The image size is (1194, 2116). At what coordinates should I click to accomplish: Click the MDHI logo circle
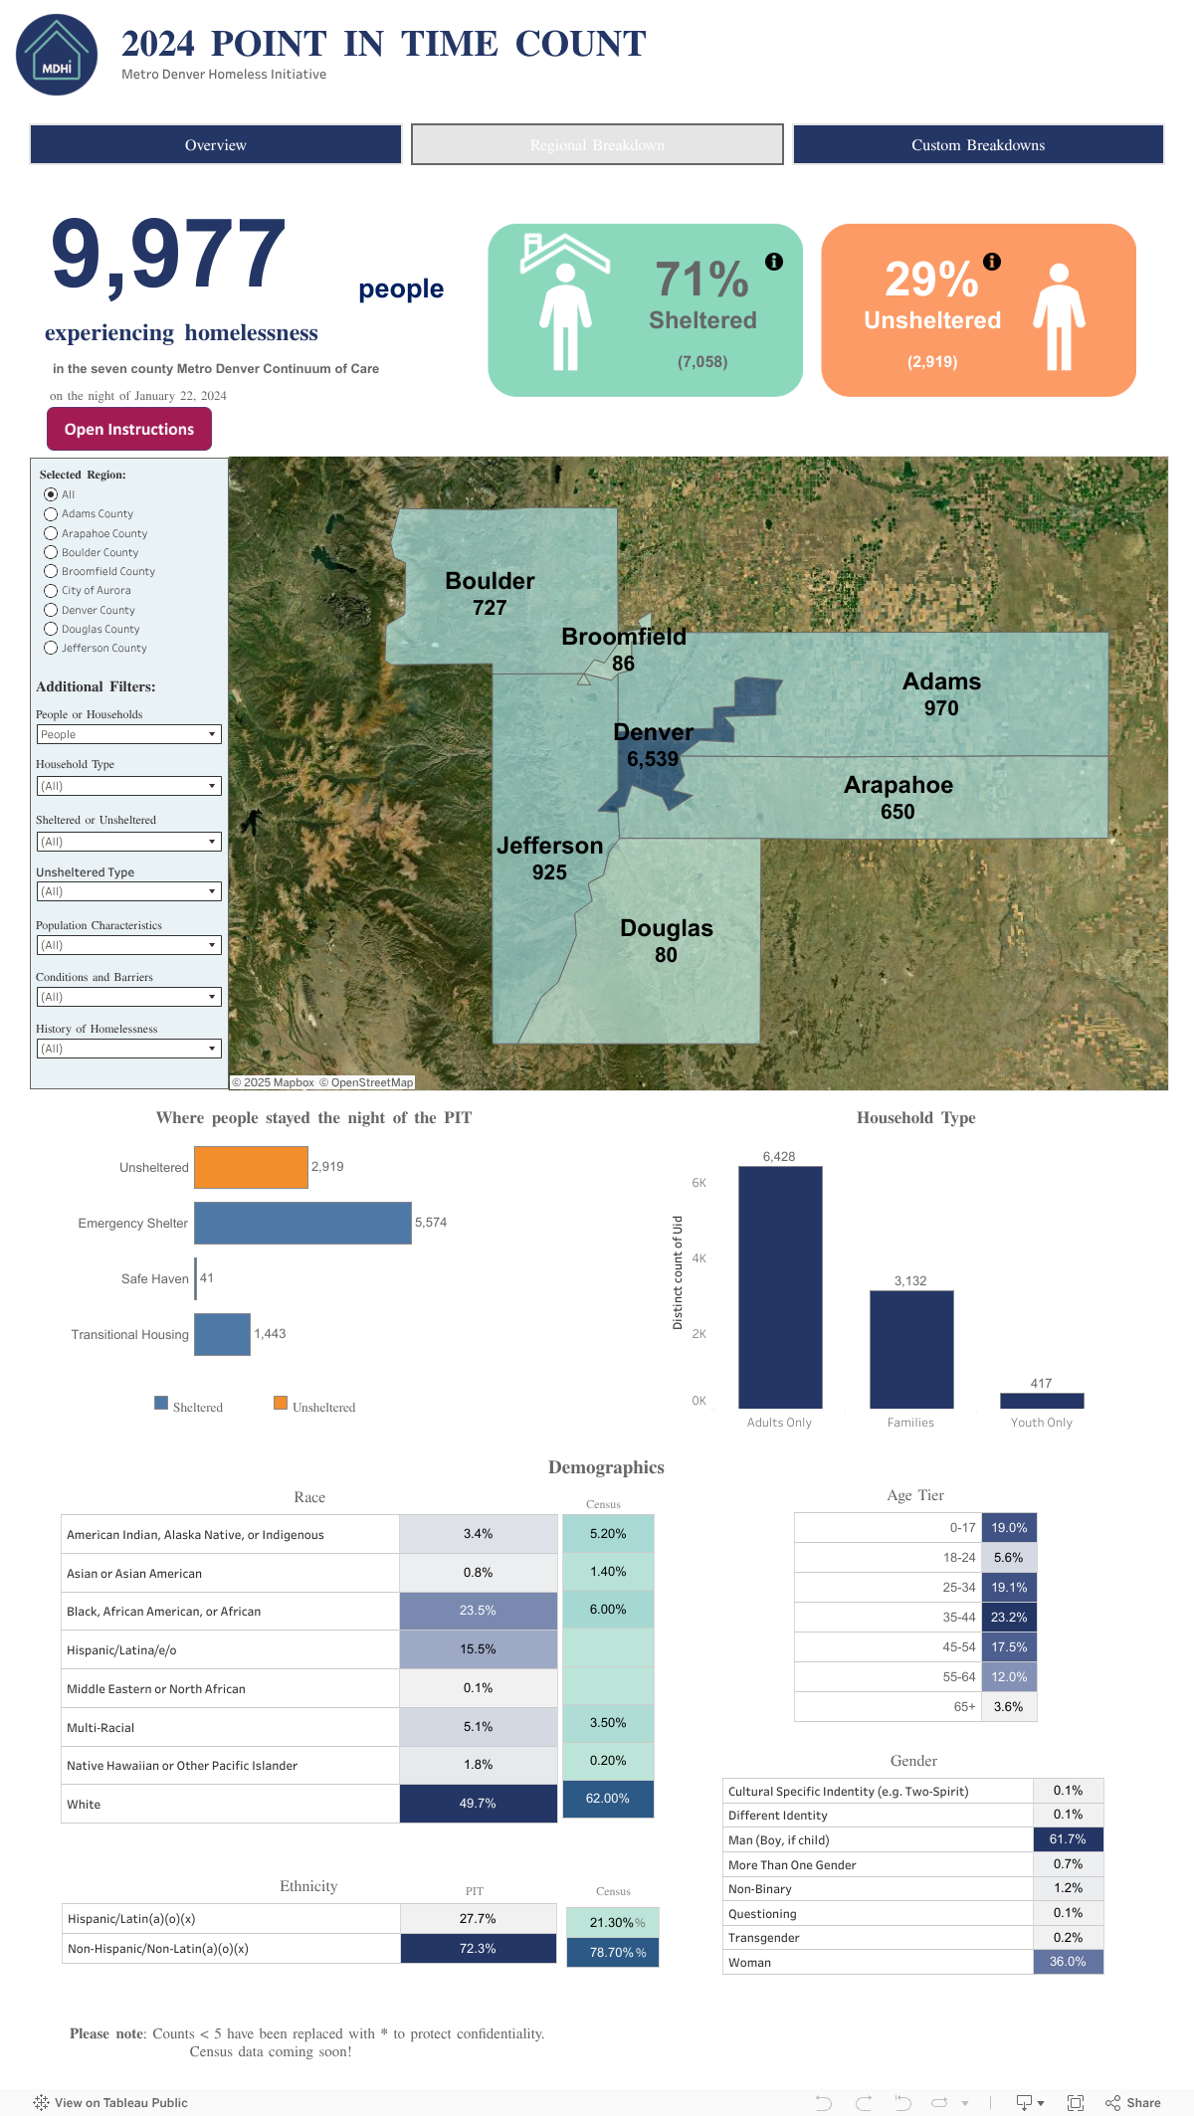[x=57, y=55]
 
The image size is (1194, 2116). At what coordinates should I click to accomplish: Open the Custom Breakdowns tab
[x=978, y=144]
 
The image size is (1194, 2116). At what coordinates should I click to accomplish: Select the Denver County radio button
[x=51, y=610]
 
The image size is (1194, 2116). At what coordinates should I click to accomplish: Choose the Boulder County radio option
[x=51, y=552]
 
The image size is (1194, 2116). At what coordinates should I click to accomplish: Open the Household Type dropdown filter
[x=128, y=786]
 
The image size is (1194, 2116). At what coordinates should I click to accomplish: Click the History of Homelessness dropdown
[x=128, y=1049]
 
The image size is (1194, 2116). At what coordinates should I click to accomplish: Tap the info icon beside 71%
[x=774, y=262]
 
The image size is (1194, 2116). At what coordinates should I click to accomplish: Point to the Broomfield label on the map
[x=624, y=637]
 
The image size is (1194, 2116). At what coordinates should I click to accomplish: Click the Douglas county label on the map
[x=667, y=928]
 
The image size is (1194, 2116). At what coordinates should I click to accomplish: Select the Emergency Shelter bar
[x=302, y=1223]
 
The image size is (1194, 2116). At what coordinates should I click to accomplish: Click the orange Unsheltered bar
[x=251, y=1167]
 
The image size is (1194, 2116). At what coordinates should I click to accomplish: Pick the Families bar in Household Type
[x=911, y=1349]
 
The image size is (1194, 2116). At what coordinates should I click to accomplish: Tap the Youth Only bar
[x=1042, y=1401]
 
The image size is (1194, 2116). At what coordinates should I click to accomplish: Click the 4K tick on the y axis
[x=699, y=1258]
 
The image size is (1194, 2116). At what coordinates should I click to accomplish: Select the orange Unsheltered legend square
[x=281, y=1403]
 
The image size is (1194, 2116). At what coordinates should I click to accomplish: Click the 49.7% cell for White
[x=479, y=1804]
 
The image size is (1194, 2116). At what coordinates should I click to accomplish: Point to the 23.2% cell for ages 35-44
[x=1009, y=1618]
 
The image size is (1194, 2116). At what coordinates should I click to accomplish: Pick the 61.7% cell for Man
[x=1068, y=1839]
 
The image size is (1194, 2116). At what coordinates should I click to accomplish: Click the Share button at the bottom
[x=1133, y=2102]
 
